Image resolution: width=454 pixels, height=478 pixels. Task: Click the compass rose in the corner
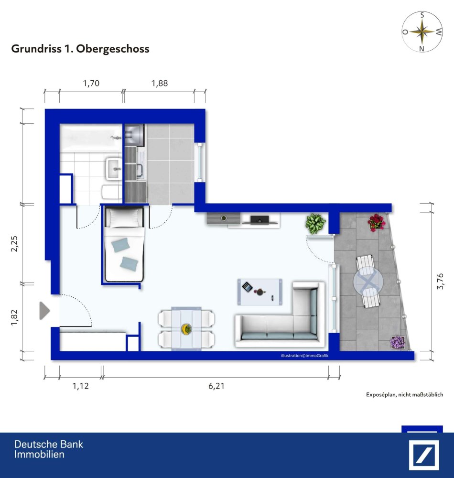pyautogui.click(x=422, y=32)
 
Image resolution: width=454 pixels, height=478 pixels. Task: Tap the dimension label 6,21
pyautogui.click(x=216, y=386)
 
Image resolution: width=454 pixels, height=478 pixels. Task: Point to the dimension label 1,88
pyautogui.click(x=160, y=83)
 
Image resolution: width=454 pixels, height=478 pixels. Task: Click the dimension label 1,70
pyautogui.click(x=91, y=83)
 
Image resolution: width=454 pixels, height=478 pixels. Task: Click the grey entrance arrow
pyautogui.click(x=44, y=311)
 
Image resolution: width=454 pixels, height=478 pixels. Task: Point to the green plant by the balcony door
pyautogui.click(x=315, y=223)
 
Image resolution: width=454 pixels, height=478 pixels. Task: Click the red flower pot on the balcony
pyautogui.click(x=377, y=222)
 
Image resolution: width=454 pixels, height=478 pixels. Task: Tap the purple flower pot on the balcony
pyautogui.click(x=398, y=342)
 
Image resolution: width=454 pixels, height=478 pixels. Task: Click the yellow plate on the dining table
pyautogui.click(x=186, y=329)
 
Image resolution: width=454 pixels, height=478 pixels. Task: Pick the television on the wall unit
pyautogui.click(x=259, y=220)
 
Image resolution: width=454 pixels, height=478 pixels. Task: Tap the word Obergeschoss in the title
pyautogui.click(x=115, y=49)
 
